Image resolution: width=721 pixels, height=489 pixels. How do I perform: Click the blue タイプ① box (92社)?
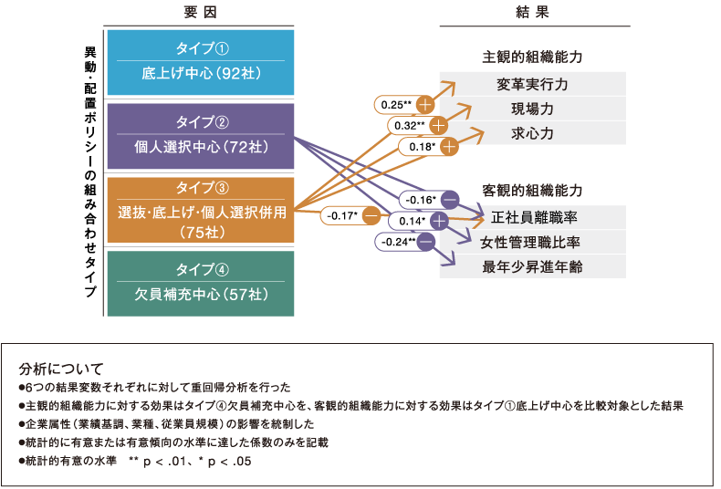point(200,63)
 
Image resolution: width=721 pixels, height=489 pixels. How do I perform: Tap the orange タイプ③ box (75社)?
point(200,211)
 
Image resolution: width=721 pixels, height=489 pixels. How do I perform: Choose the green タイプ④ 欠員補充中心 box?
point(200,284)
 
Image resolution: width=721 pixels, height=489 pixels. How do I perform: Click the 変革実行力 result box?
point(533,84)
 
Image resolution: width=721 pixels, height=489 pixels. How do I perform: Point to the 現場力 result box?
point(533,109)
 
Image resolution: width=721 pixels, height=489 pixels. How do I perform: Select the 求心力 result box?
point(533,133)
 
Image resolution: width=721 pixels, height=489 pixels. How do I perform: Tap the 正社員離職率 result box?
point(533,217)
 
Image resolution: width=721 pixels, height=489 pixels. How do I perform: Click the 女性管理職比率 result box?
point(533,242)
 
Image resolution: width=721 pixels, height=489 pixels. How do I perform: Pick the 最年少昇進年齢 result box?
point(533,266)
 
